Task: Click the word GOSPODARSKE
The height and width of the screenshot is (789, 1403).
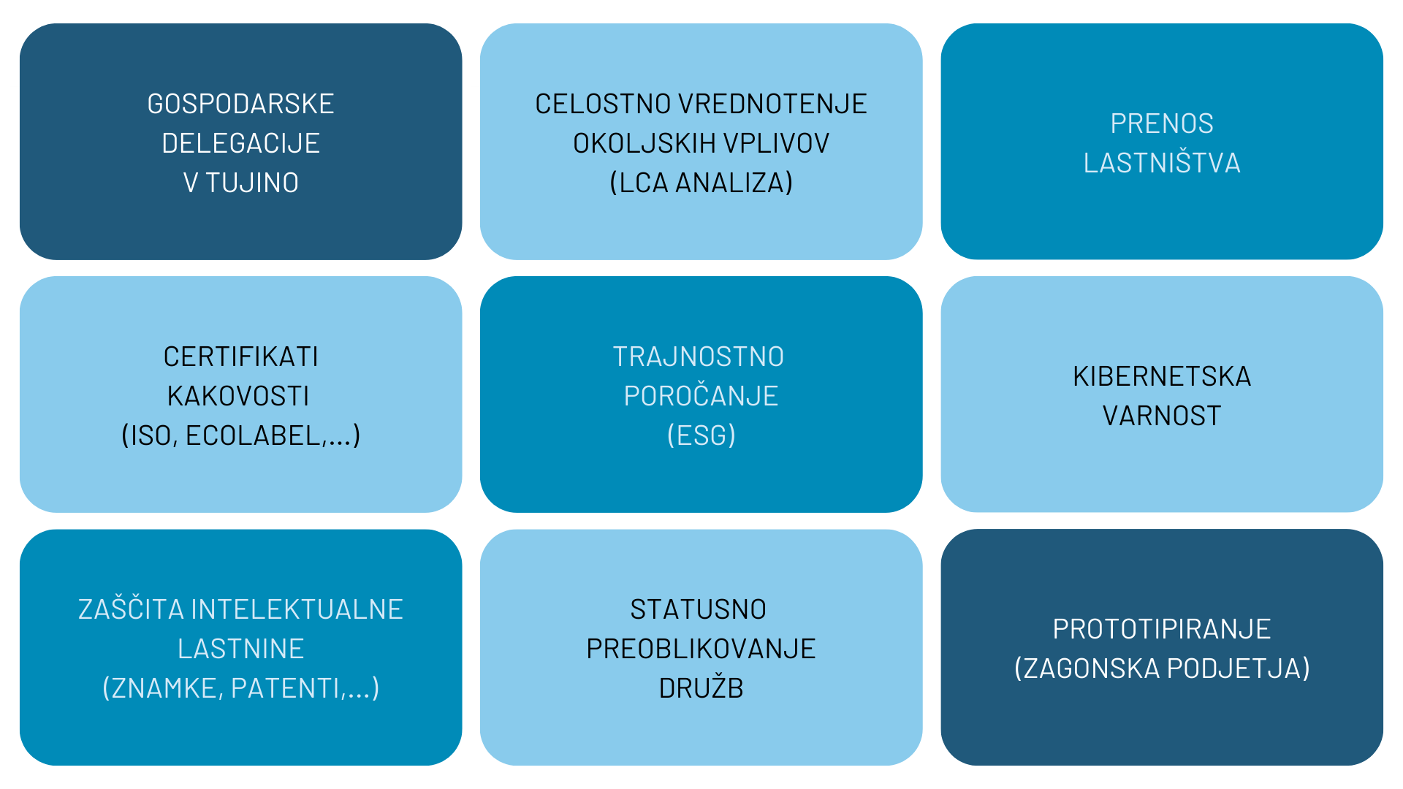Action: tap(240, 104)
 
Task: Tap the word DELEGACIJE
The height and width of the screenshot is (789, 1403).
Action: tap(240, 144)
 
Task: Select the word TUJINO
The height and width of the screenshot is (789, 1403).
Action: tap(252, 183)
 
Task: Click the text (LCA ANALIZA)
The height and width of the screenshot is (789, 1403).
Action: tap(701, 183)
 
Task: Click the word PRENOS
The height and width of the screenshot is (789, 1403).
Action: tap(1162, 124)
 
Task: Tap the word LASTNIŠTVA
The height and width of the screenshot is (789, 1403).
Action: tap(1162, 164)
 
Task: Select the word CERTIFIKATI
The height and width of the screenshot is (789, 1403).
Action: tap(240, 357)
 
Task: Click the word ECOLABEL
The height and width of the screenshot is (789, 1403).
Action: tap(253, 436)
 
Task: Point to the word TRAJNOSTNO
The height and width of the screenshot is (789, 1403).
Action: tap(699, 357)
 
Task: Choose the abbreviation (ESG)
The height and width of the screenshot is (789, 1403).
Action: tap(701, 436)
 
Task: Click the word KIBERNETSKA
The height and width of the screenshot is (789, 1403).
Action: tap(1162, 377)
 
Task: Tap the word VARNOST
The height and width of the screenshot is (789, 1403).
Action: tap(1162, 416)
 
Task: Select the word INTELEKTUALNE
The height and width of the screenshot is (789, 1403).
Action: tap(297, 610)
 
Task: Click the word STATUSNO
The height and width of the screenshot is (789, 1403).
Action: tap(699, 610)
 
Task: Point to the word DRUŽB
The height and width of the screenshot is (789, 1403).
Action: tap(701, 689)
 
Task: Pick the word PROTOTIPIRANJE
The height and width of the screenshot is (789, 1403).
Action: tap(1162, 630)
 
